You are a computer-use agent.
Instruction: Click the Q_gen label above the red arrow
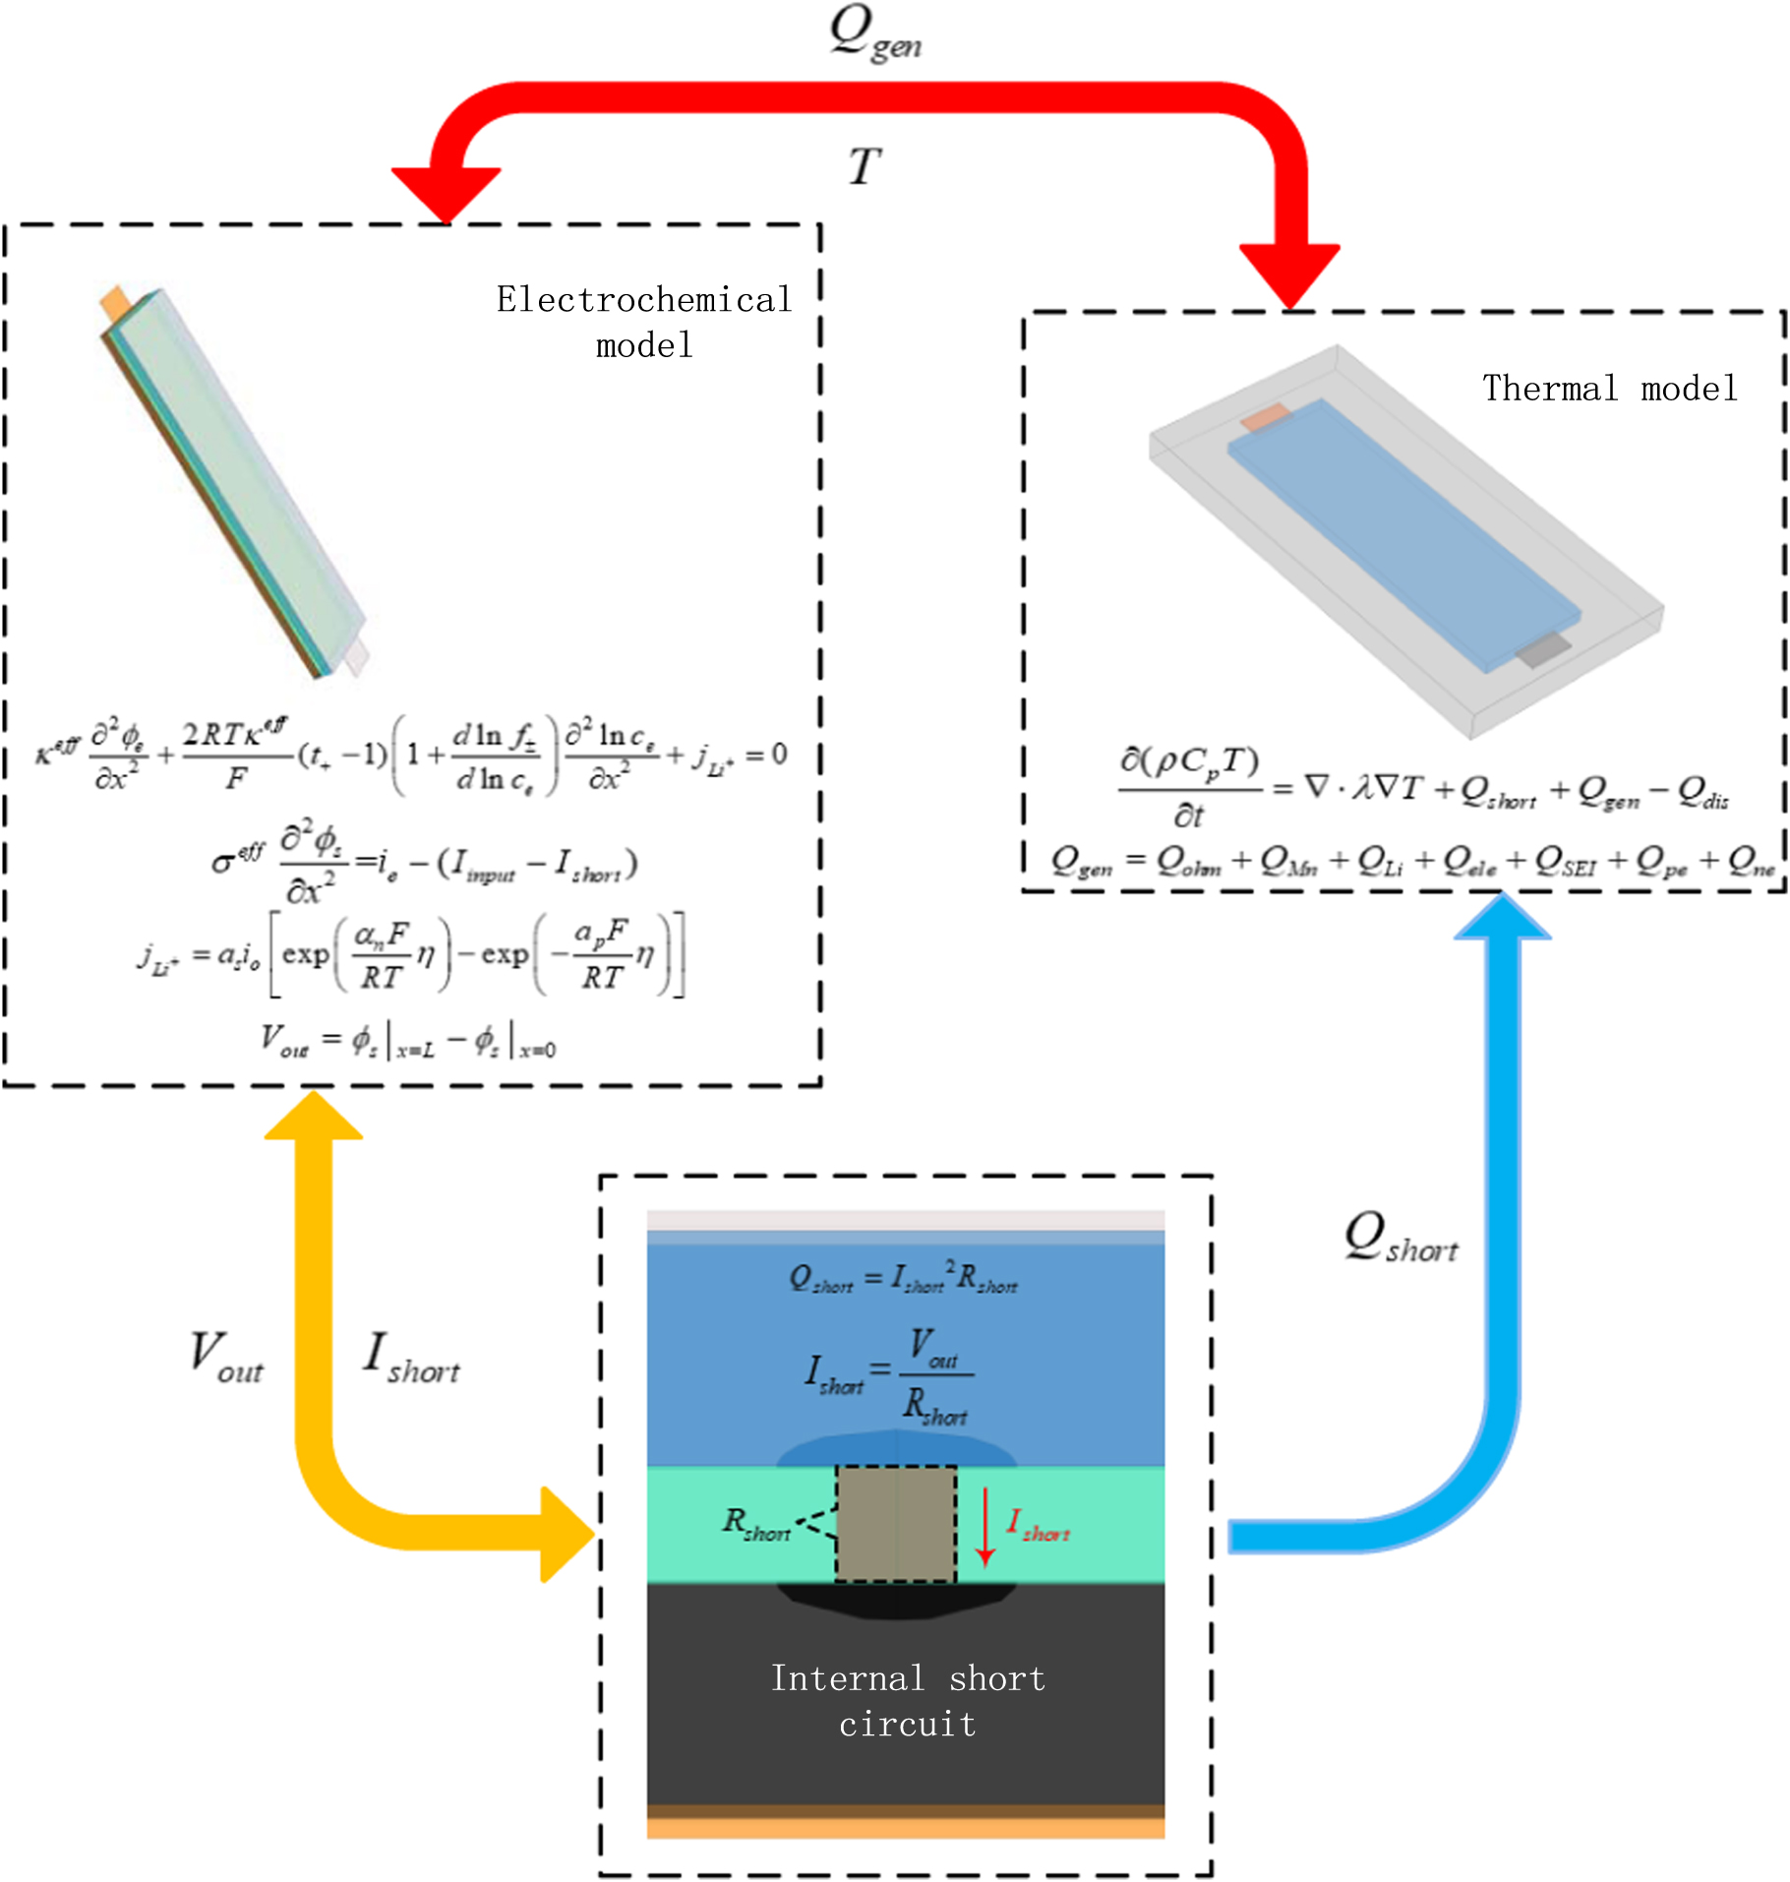[x=873, y=34]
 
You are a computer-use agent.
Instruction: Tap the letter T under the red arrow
[x=865, y=166]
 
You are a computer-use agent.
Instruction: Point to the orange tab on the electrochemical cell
[x=115, y=302]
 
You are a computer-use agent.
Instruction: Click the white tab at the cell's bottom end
[x=355, y=656]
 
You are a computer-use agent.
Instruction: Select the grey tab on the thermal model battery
[x=1542, y=649]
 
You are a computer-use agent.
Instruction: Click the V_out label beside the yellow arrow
[x=226, y=1357]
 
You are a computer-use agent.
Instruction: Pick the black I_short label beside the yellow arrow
[x=411, y=1357]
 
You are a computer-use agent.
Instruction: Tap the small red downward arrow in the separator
[x=985, y=1525]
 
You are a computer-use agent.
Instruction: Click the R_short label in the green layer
[x=755, y=1524]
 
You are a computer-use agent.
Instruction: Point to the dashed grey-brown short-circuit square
[x=896, y=1523]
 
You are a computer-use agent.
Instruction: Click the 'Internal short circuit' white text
[x=907, y=1700]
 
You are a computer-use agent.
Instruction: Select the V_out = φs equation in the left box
[x=407, y=1041]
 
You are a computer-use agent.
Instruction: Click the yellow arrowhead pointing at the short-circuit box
[x=567, y=1534]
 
